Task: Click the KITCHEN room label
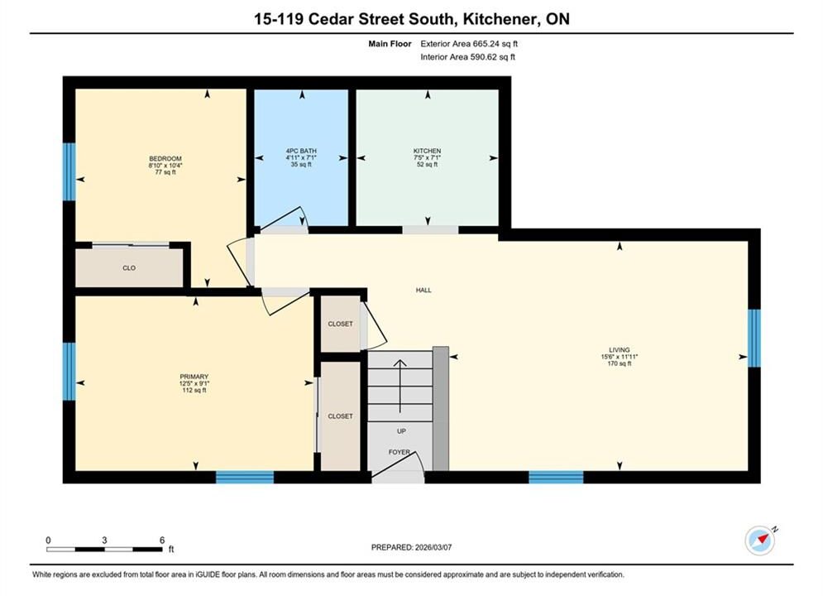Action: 427,151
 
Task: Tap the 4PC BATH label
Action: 301,151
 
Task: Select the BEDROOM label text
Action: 165,159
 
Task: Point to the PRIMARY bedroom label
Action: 194,377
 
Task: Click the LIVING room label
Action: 620,349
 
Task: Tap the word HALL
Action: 423,290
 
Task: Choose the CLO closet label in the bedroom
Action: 129,268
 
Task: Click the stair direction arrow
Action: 400,386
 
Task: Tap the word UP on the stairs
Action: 401,431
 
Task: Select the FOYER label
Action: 400,452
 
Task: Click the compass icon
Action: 760,541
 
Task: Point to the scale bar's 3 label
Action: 104,540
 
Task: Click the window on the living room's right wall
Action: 754,339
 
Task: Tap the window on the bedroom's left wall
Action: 69,171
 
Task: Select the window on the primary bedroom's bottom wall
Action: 245,478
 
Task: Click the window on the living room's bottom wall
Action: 557,478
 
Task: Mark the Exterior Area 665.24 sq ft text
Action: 469,44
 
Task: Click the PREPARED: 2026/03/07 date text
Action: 412,547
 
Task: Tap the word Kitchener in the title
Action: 500,19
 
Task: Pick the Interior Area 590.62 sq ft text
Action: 467,57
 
